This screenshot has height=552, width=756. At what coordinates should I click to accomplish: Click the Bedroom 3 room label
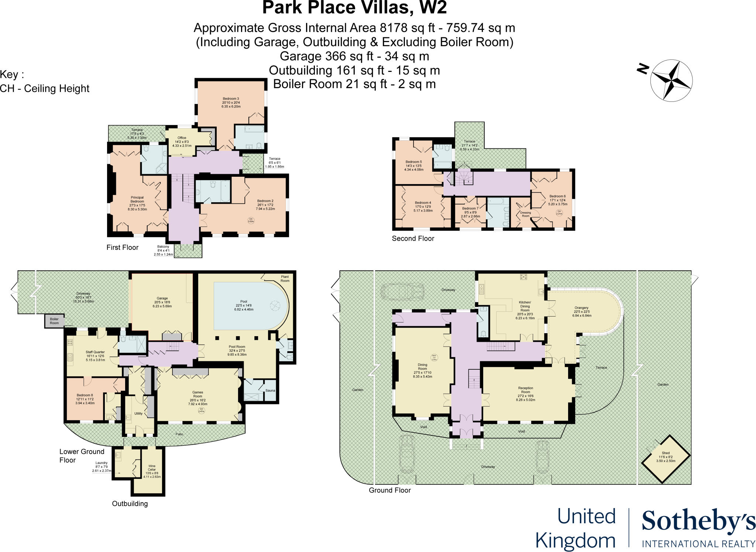[231, 99]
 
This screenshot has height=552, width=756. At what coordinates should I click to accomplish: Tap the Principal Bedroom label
[137, 200]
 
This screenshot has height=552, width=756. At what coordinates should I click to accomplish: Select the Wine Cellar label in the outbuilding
[152, 468]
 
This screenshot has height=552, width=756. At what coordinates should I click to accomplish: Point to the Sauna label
[270, 390]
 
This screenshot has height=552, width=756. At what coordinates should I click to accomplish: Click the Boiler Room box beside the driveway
[54, 321]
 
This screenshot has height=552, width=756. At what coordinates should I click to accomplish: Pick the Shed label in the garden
[666, 453]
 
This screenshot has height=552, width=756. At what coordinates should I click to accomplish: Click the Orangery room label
[581, 308]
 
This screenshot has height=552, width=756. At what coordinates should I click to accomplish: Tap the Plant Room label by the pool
[285, 279]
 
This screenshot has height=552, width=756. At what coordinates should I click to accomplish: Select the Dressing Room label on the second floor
[525, 214]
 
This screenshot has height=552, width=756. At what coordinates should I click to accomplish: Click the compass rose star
[671, 80]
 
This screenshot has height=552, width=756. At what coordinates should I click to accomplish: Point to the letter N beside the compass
[643, 69]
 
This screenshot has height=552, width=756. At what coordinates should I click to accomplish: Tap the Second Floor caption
[413, 239]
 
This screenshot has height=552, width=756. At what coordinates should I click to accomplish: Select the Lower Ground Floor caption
[82, 456]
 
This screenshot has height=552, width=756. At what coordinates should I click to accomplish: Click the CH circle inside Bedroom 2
[251, 220]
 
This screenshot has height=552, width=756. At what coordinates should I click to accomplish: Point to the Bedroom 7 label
[470, 208]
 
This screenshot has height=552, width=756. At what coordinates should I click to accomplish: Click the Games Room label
[197, 394]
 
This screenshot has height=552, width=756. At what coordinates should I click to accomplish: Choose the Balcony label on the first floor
[163, 247]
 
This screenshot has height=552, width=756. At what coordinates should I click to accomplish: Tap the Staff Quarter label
[95, 352]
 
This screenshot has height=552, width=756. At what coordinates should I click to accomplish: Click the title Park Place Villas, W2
[354, 8]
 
